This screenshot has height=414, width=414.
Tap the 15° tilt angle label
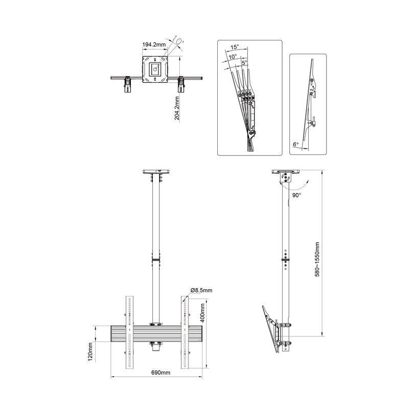click(235, 47)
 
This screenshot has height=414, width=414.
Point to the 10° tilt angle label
click(233, 57)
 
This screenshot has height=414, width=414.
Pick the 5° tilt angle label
click(245, 62)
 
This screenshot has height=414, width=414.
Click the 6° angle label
click(295, 145)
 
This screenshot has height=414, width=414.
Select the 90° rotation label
click(296, 195)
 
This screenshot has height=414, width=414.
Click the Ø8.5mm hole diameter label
click(201, 290)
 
